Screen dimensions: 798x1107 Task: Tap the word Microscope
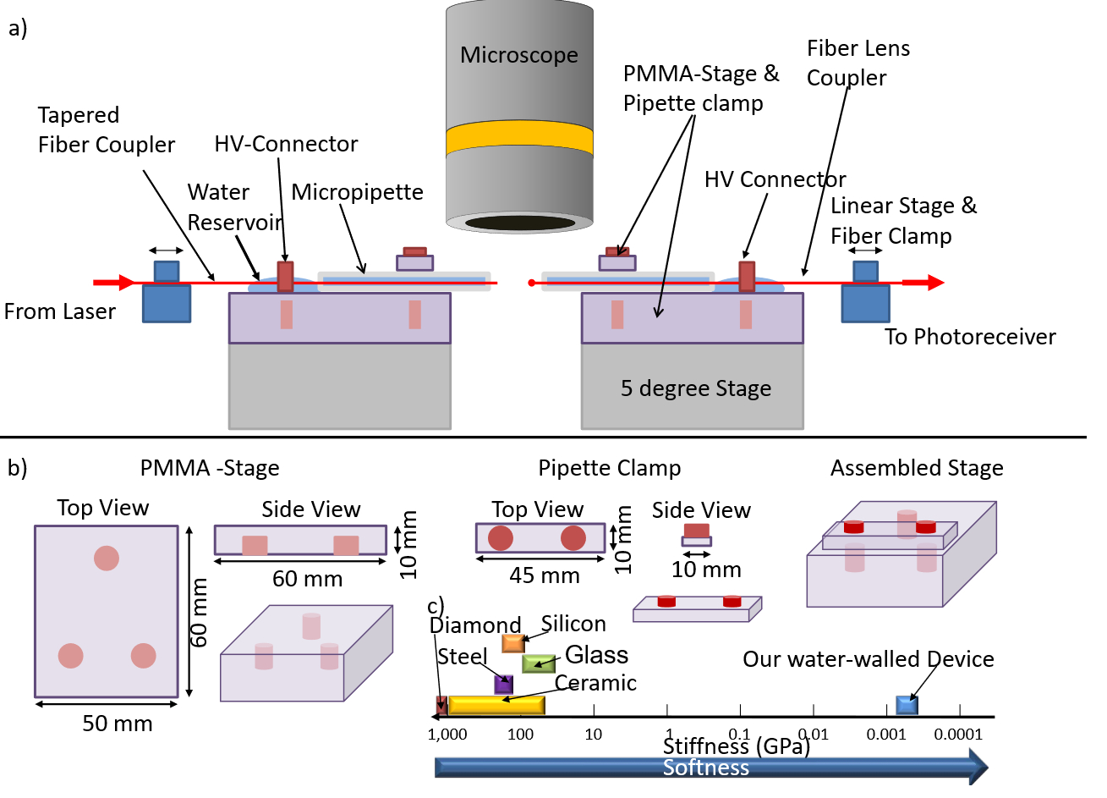click(x=519, y=55)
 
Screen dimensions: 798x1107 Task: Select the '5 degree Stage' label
click(x=696, y=388)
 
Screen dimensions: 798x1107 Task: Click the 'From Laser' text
click(x=59, y=311)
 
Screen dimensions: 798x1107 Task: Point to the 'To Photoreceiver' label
click(x=970, y=337)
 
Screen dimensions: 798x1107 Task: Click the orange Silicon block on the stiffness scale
click(x=513, y=643)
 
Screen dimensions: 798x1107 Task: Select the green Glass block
click(x=539, y=663)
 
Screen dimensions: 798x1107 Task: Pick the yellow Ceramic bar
click(x=496, y=705)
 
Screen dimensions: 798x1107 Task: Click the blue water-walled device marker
click(x=907, y=705)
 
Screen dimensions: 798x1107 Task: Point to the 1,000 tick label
click(x=447, y=735)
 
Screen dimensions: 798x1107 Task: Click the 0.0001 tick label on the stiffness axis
click(x=958, y=735)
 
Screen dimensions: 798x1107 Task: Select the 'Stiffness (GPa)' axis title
click(x=736, y=746)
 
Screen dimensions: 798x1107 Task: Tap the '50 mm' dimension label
click(x=118, y=724)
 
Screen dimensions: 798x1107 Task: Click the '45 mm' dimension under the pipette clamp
click(x=545, y=575)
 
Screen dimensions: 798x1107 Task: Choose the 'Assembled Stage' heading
click(x=917, y=468)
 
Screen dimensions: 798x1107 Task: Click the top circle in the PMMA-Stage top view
click(x=107, y=559)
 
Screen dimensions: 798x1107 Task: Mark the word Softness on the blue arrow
click(x=706, y=768)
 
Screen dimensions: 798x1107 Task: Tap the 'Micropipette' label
click(x=357, y=192)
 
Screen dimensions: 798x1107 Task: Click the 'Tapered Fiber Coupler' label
click(x=107, y=129)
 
